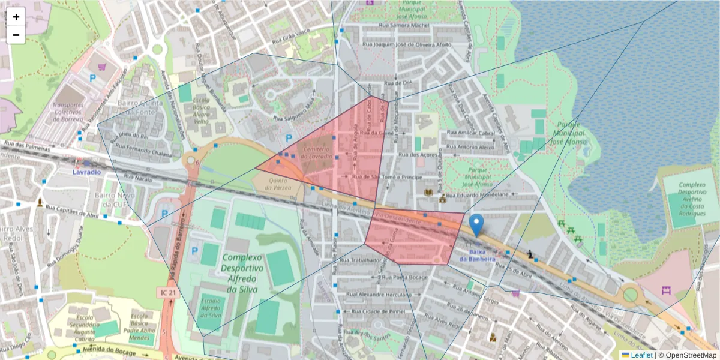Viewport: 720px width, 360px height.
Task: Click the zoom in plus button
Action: pos(16,17)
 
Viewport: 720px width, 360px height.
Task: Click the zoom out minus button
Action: pos(16,35)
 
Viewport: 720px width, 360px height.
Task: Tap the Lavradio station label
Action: pos(86,172)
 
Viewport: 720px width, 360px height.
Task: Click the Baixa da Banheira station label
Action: pos(478,256)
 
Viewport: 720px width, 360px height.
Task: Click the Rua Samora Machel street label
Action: pos(405,26)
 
